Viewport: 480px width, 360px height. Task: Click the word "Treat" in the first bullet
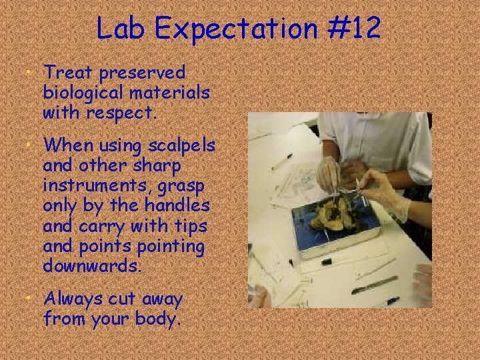[66, 71]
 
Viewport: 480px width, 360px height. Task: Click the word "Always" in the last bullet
[73, 299]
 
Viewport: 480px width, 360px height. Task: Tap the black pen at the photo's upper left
[282, 161]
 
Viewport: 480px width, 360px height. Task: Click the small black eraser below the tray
[327, 261]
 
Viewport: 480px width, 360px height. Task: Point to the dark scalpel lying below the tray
[374, 285]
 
